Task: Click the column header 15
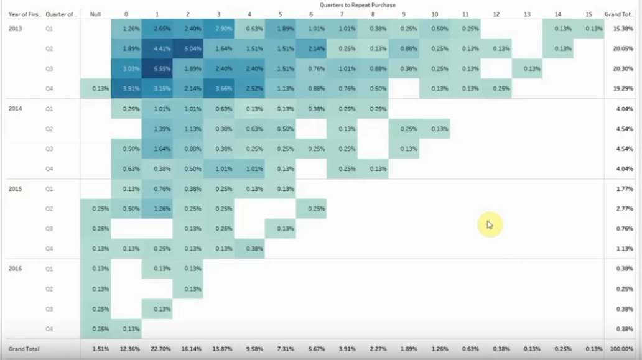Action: point(588,14)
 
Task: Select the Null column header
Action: point(95,14)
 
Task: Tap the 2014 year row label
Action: point(15,108)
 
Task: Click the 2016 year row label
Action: point(15,269)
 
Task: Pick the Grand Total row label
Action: point(24,349)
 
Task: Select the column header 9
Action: point(404,14)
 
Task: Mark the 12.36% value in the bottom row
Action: point(130,349)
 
